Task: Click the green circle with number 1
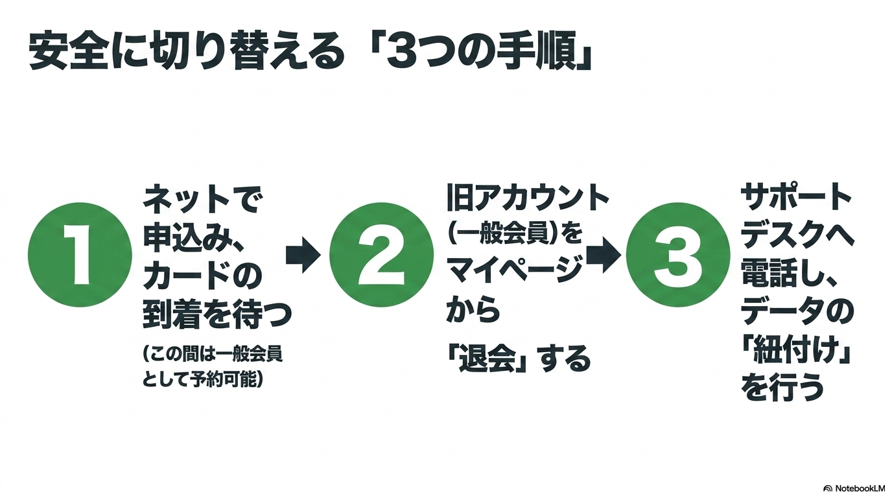point(80,255)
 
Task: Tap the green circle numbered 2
point(381,255)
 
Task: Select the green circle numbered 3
point(678,255)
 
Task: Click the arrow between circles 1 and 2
point(303,255)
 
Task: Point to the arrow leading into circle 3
point(604,255)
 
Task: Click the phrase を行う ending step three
point(782,386)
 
